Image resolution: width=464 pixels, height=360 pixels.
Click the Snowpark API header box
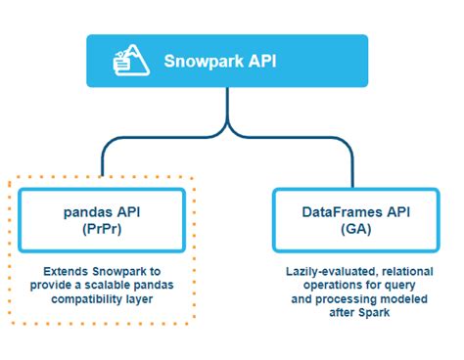227,61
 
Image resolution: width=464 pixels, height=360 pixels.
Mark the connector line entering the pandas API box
102,166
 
